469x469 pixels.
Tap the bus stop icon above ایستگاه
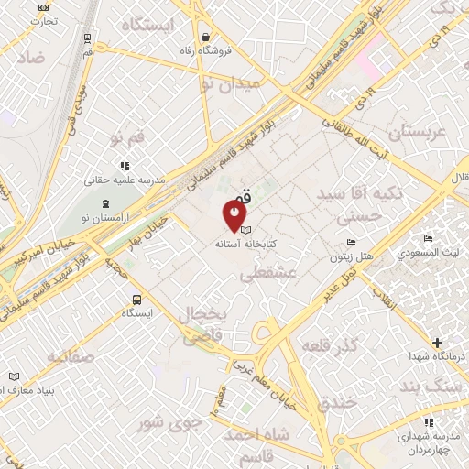coord(137,299)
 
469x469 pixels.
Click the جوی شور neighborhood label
coord(168,424)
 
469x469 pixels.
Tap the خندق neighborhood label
coord(335,403)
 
